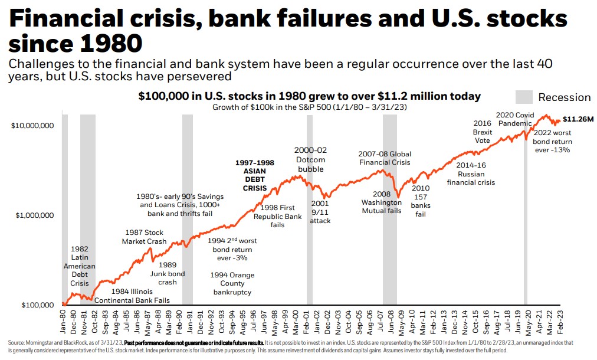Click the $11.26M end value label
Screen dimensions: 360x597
(x=578, y=119)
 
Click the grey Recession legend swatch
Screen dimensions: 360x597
(x=524, y=97)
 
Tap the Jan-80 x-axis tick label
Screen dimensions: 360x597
(x=63, y=322)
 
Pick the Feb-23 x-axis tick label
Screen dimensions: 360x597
(x=560, y=322)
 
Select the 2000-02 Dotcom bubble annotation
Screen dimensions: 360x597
(x=310, y=159)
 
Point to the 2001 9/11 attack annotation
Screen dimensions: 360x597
(x=320, y=212)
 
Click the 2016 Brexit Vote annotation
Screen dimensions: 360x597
(x=483, y=132)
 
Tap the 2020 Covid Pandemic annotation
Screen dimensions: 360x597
(x=515, y=119)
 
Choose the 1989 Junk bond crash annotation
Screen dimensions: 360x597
(x=168, y=274)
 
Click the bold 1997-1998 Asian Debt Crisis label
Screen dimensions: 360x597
(x=255, y=175)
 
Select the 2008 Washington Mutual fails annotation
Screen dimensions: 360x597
(x=381, y=202)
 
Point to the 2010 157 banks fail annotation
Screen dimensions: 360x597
(x=421, y=201)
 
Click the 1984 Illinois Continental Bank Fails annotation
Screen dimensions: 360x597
(x=132, y=296)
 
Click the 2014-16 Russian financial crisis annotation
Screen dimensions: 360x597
(x=471, y=174)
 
